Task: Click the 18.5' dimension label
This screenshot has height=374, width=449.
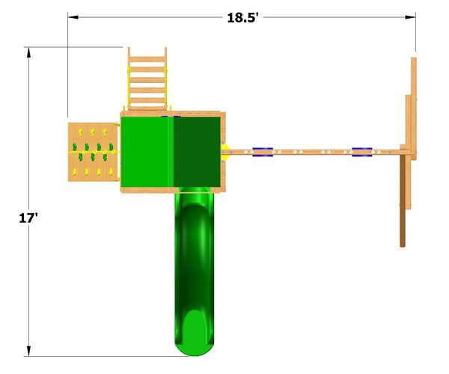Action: [242, 18]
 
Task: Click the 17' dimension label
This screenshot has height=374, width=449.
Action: [28, 218]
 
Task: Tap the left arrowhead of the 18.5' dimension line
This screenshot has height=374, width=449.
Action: [73, 17]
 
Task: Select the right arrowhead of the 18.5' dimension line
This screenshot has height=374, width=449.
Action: [410, 17]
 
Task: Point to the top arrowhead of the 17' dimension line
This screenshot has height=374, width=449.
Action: [28, 52]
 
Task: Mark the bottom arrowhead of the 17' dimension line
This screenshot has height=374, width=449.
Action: [28, 351]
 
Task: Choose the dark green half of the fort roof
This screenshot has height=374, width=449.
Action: [197, 152]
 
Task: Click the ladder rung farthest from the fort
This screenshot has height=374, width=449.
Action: [147, 60]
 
